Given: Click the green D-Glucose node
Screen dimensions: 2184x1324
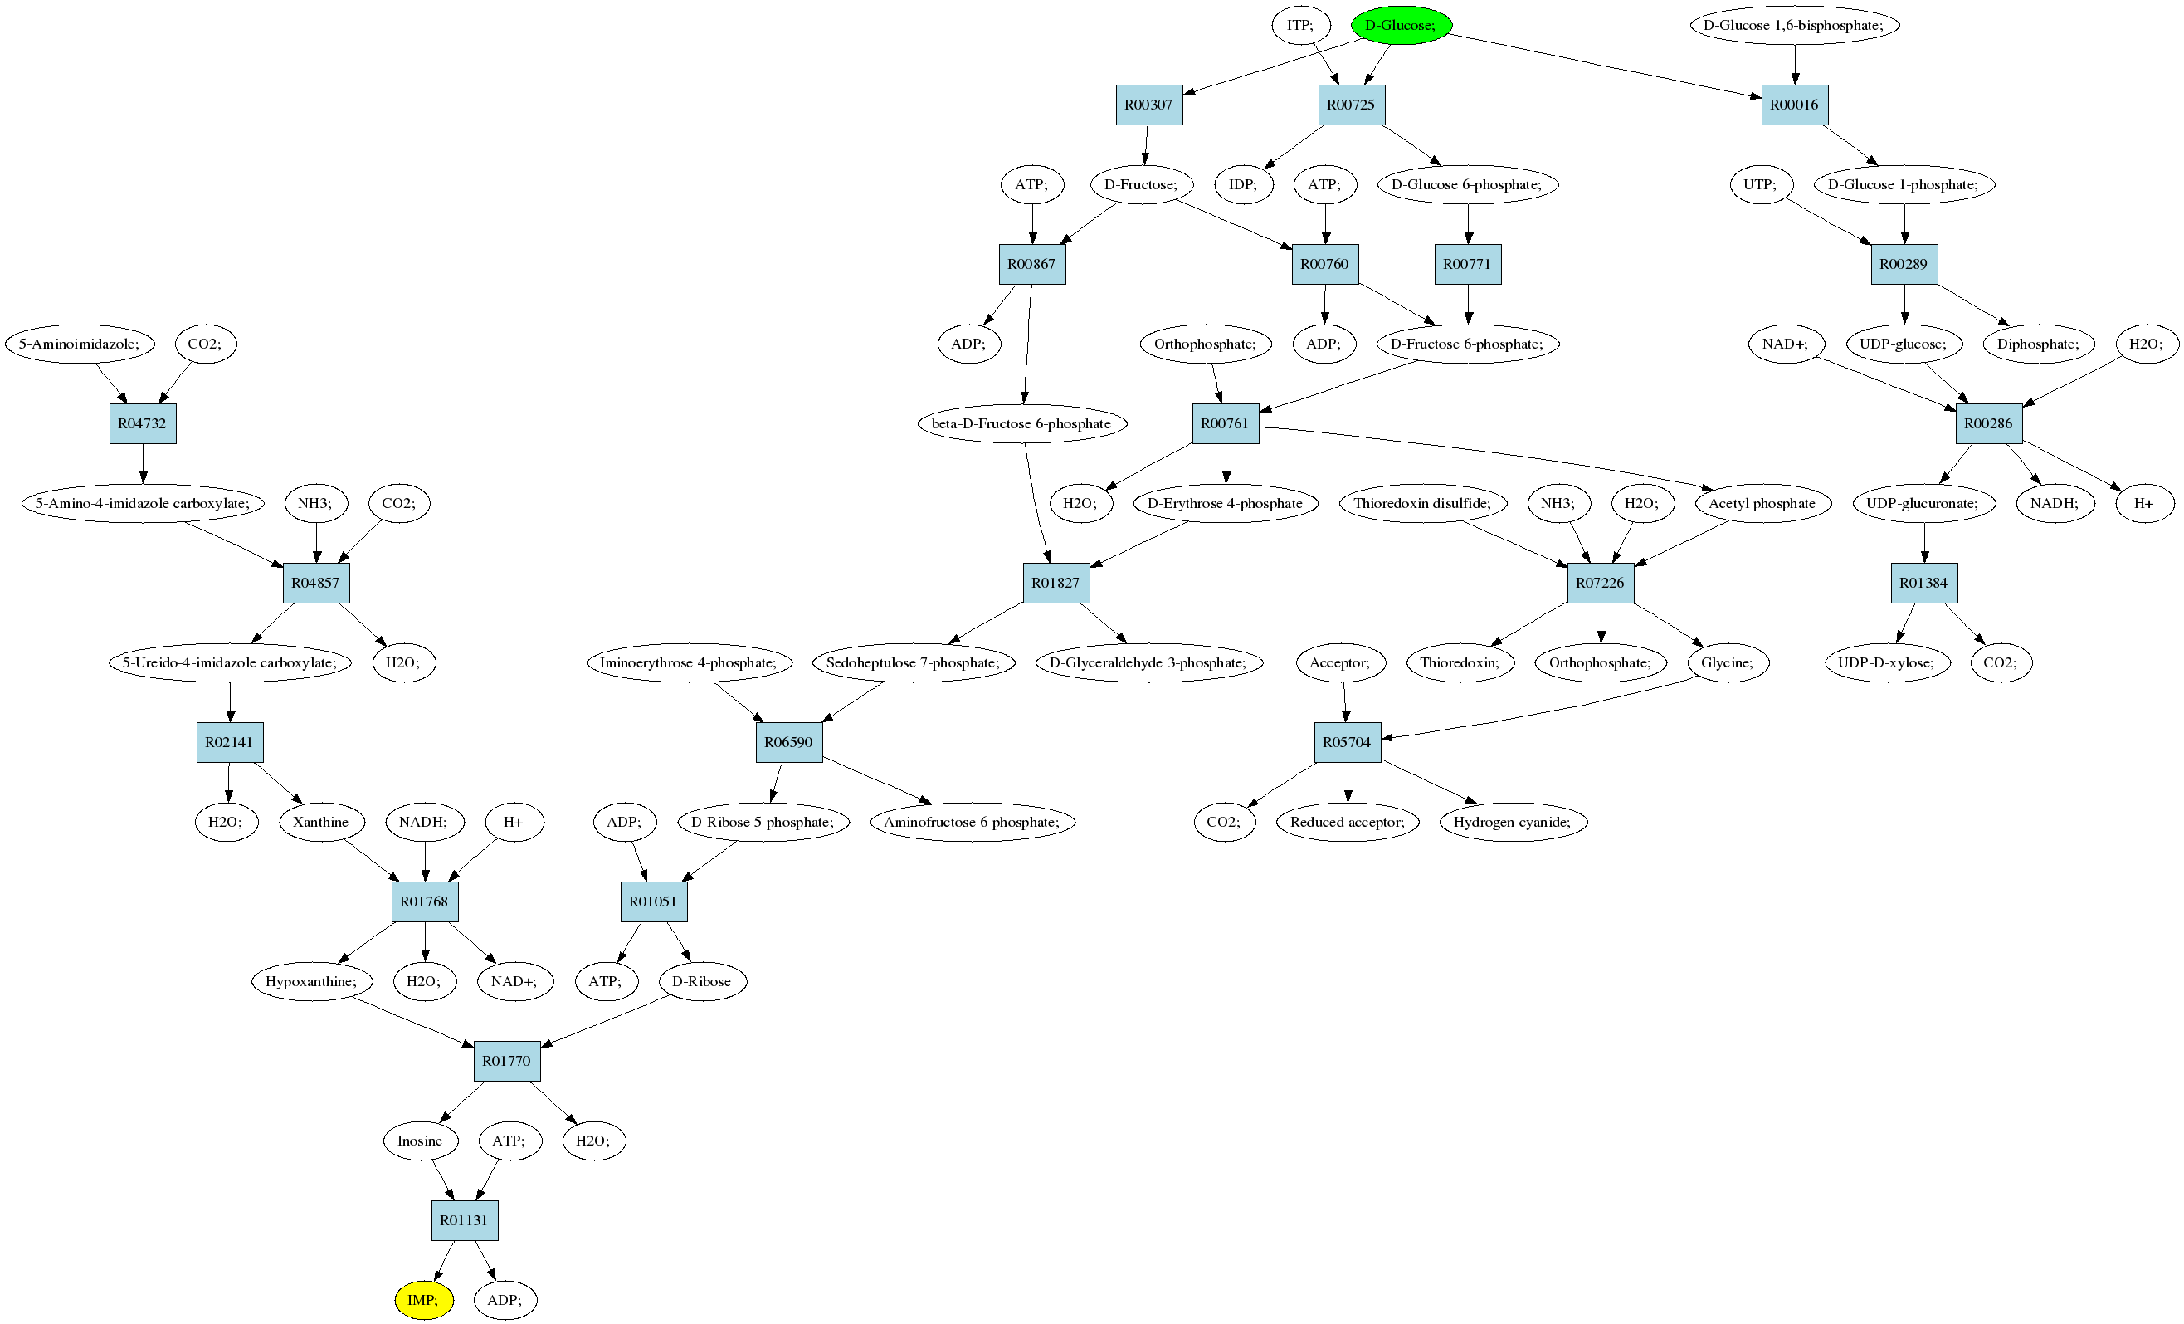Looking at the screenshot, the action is (1401, 25).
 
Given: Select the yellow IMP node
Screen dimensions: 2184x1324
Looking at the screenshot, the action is (424, 1300).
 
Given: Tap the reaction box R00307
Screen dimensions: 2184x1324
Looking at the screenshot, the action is (1148, 105).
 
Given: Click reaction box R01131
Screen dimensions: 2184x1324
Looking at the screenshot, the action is (465, 1220).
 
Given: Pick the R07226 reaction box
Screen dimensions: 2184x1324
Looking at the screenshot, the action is (1600, 583).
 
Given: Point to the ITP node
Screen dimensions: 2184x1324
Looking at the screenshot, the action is (1301, 25).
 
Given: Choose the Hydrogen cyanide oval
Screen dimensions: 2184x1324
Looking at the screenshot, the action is (1512, 822).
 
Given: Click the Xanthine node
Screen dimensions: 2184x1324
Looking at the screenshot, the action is (321, 822).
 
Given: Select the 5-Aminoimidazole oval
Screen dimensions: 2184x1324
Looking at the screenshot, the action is (79, 344).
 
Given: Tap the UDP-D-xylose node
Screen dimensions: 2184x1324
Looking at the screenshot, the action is (1886, 662).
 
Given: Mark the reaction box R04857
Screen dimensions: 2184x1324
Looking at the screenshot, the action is (316, 583).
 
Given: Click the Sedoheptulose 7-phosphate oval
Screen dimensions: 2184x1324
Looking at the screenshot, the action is (913, 662).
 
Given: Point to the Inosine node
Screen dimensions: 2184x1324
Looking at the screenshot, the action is (420, 1141).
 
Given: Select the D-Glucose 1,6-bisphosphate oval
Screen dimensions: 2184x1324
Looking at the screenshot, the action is (1794, 25).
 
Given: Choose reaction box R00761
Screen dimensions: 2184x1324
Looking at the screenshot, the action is (1225, 424).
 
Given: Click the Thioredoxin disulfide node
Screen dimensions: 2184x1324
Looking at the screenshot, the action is (1422, 504).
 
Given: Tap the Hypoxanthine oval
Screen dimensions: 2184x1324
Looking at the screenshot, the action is (312, 982).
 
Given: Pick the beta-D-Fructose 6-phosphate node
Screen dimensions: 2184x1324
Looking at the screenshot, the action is (1021, 424).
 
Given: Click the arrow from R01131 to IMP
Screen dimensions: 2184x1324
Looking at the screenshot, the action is (444, 1261).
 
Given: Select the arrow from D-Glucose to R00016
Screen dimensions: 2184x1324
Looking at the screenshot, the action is (1605, 66).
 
